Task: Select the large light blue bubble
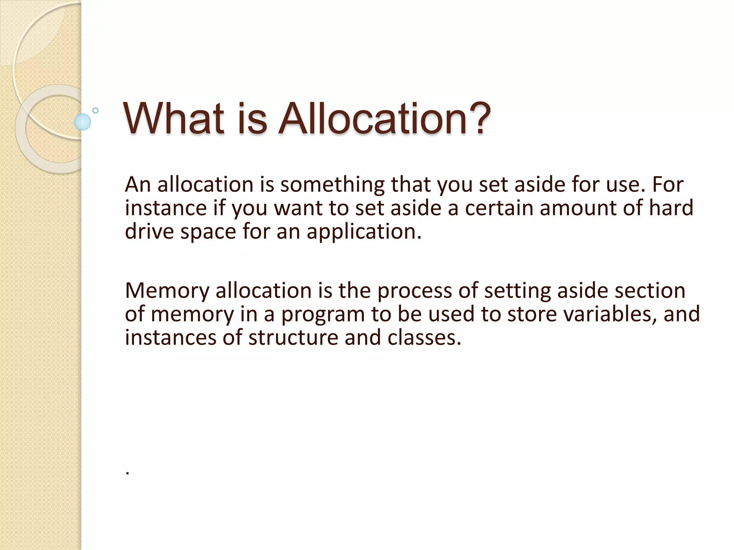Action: (82, 122)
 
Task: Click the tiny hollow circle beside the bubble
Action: (95, 111)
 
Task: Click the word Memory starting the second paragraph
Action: (167, 290)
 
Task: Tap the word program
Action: (323, 314)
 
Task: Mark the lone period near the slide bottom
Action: (128, 473)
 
